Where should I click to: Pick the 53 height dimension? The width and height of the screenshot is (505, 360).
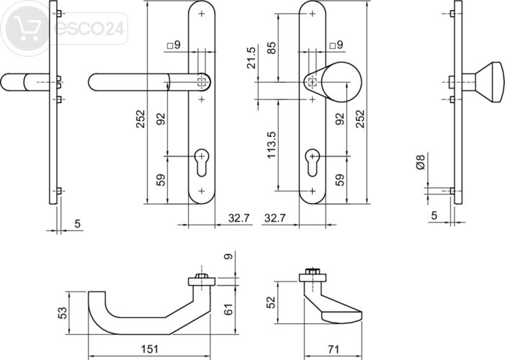click(x=63, y=313)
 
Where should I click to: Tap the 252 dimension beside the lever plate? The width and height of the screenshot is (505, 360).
click(x=141, y=119)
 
